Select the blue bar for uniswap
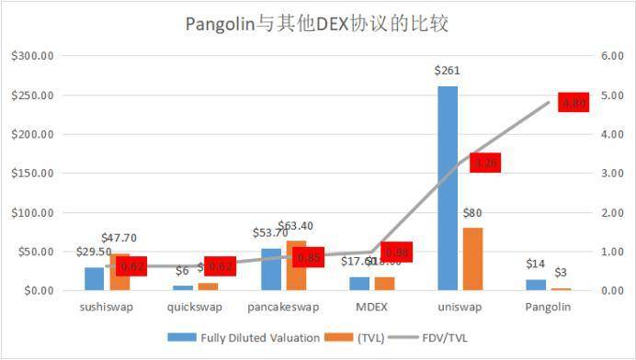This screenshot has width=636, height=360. [448, 188]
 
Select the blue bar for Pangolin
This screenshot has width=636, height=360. [535, 285]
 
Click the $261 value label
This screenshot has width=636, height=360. [447, 71]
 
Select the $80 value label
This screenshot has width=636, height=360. [473, 213]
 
